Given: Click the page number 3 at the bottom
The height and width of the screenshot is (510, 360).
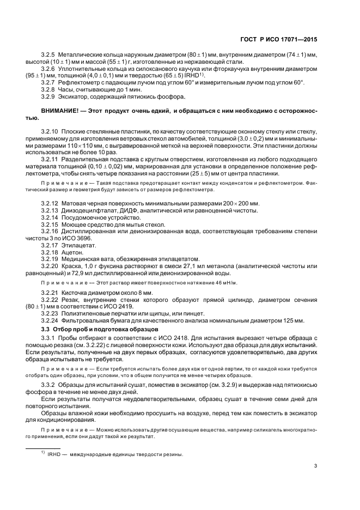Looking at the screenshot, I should coord(315,465).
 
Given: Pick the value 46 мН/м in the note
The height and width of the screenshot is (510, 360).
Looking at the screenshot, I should coord(227,284).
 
